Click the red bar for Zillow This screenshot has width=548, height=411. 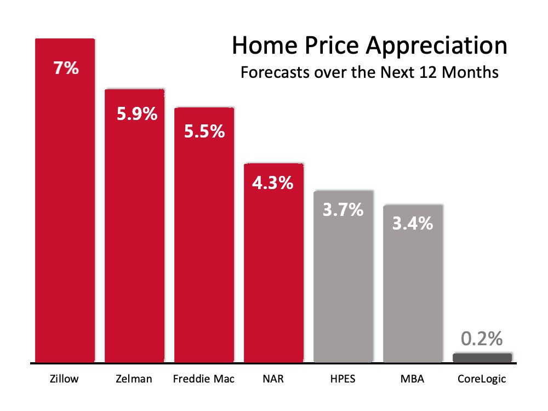(65, 200)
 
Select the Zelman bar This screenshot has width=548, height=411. (135, 226)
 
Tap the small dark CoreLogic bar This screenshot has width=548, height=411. (482, 358)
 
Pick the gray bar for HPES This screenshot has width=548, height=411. (344, 276)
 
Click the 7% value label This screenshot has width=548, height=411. (66, 68)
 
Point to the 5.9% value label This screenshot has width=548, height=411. (137, 114)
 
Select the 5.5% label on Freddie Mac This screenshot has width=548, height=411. (204, 132)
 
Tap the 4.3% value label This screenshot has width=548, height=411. (272, 183)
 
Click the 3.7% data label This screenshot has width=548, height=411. (343, 210)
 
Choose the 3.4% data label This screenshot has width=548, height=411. (413, 224)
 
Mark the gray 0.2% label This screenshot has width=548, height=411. (482, 339)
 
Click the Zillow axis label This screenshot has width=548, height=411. (64, 379)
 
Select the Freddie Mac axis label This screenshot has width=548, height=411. (204, 379)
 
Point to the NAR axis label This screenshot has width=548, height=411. (273, 379)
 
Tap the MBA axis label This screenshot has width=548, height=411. (413, 379)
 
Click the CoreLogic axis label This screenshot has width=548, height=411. (482, 379)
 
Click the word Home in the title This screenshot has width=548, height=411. (265, 45)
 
